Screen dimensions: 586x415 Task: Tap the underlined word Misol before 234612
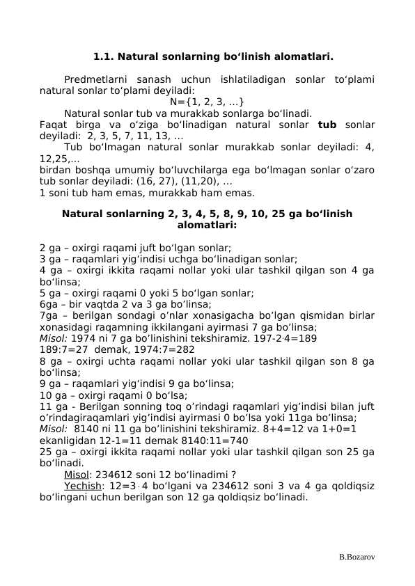point(77,475)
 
